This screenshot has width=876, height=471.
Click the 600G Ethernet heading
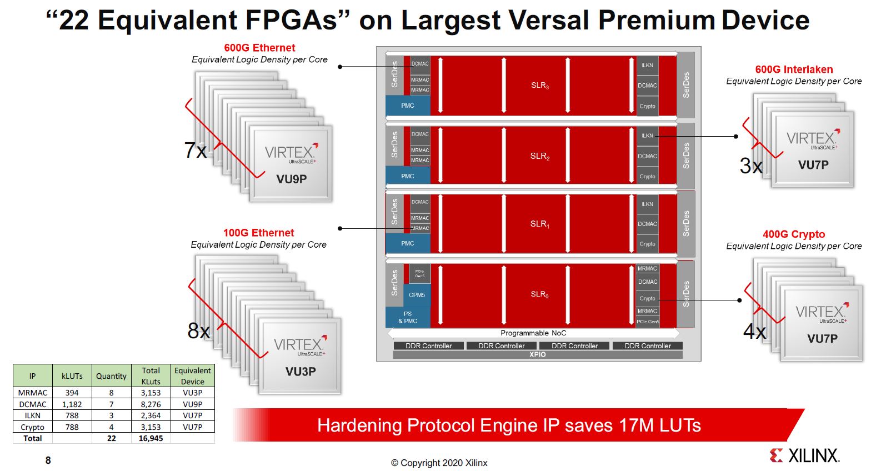coord(259,48)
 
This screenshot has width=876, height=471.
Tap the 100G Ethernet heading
coord(258,233)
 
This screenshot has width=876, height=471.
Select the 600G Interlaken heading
coord(794,69)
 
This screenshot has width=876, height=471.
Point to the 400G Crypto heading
coord(794,234)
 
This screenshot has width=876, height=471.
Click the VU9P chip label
coord(292,179)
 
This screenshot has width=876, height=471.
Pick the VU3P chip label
coord(301,371)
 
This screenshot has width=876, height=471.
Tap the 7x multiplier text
coord(196,151)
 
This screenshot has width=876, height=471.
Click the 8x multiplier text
coord(199,331)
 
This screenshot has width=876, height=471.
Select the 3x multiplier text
coord(751,166)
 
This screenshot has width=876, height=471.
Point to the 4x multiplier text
coord(755,332)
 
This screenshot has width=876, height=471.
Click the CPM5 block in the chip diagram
coord(417,295)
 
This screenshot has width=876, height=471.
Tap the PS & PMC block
coord(408,317)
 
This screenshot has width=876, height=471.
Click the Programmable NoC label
coord(533,333)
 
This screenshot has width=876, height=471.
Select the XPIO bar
coord(537,354)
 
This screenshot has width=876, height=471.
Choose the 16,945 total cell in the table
coord(151,438)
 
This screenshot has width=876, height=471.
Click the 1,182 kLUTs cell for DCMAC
coord(72,404)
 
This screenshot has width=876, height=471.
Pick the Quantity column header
coord(111,376)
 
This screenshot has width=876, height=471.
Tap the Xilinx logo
coord(804,455)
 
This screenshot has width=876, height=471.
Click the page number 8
coord(48,460)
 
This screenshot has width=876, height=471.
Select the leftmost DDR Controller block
coord(428,345)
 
